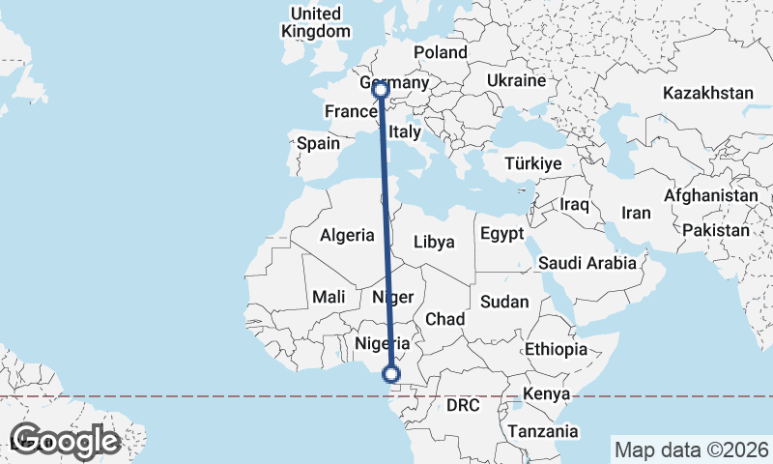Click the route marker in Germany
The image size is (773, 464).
point(381,90)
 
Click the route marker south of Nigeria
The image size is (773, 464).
point(391,374)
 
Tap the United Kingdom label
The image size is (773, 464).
point(316,22)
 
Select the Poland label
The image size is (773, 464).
point(440,52)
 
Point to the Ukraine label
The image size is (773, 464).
point(516,80)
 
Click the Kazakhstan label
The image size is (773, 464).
point(707,93)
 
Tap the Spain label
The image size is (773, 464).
point(318,143)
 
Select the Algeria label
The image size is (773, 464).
point(347,235)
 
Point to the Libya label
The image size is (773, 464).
point(433,242)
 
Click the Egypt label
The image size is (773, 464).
point(501,234)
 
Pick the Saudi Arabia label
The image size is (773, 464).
point(587,262)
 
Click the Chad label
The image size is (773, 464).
point(445,319)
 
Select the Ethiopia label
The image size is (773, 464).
point(556,349)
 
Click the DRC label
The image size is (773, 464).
point(463,406)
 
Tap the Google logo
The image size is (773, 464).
point(64,441)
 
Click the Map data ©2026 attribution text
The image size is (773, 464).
point(691,449)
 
